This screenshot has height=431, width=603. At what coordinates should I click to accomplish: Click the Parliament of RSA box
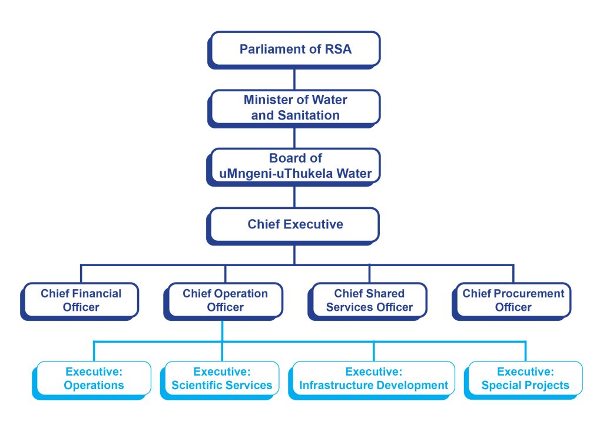coord(295,49)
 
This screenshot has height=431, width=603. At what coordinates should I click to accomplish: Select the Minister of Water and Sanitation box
coord(295,107)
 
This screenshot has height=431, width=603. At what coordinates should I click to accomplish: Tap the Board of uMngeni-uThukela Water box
coord(295,165)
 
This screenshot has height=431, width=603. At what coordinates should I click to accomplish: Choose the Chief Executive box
coord(295,224)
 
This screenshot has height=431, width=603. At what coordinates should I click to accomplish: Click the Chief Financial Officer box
coord(81,300)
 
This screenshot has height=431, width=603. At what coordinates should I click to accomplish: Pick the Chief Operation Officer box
coord(225,300)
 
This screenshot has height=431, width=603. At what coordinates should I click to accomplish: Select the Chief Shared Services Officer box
coord(369,300)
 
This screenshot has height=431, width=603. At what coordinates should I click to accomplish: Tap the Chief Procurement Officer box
coord(513,300)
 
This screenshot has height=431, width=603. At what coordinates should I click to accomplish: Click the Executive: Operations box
coord(94,379)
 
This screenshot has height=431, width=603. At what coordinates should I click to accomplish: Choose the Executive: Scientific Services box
coord(222,379)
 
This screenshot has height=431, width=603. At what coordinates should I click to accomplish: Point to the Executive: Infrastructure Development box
coord(374,379)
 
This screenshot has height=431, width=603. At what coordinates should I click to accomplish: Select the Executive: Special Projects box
coord(525,379)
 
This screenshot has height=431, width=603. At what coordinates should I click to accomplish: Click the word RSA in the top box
coord(338,49)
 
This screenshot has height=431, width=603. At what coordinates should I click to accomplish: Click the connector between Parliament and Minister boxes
coord(294,77)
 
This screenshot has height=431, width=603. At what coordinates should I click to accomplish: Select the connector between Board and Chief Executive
coord(294,195)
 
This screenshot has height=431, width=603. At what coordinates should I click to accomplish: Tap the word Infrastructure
coord(333,386)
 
